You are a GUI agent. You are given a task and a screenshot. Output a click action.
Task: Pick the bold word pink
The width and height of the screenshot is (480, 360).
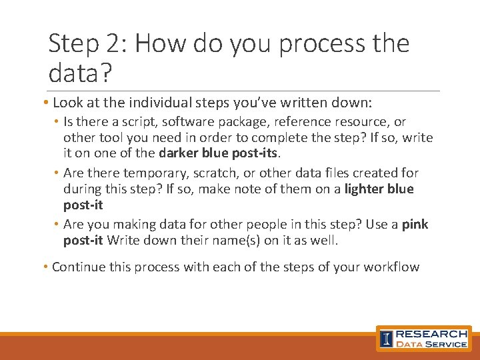click(x=415, y=225)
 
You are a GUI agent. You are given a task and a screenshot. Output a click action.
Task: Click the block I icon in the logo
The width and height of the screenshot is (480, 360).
click(x=387, y=339)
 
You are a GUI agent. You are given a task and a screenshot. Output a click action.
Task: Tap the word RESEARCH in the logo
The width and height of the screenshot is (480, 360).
click(x=431, y=333)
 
